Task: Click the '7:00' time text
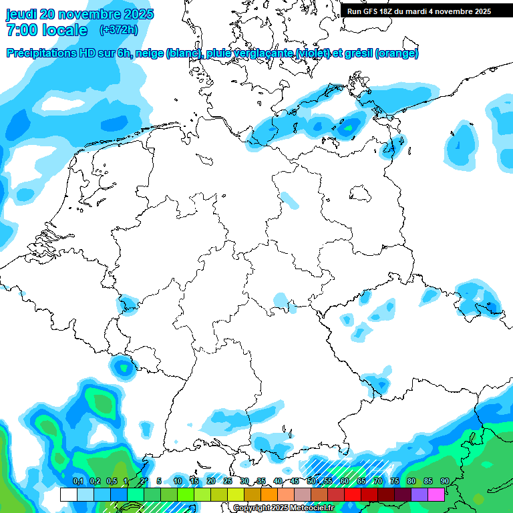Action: point(21,30)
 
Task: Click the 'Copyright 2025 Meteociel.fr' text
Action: point(283,508)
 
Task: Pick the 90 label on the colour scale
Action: point(444,481)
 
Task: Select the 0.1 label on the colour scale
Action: point(77,481)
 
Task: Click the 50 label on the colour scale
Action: point(311,481)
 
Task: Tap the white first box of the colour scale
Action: point(68,494)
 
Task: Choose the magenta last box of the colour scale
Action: point(436,494)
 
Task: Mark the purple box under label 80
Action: point(402,494)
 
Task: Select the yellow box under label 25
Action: point(218,494)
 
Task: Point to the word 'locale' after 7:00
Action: point(64,30)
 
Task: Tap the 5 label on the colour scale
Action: point(158,481)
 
